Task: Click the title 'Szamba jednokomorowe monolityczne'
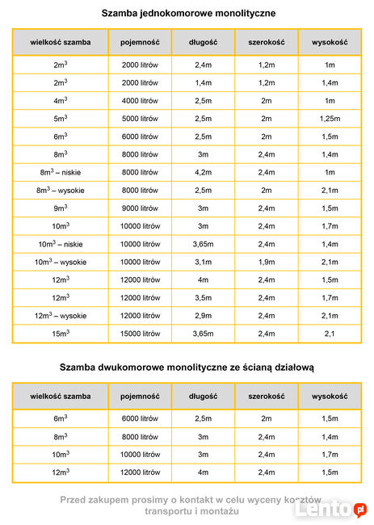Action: click(188, 14)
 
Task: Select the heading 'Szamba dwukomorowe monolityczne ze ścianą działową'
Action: click(187, 367)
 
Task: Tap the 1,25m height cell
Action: click(330, 119)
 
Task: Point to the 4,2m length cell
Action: click(204, 172)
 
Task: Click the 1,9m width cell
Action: click(267, 262)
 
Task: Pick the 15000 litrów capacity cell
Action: click(140, 334)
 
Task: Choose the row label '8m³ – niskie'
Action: click(61, 172)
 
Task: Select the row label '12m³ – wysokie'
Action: click(61, 316)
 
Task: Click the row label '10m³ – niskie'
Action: click(61, 244)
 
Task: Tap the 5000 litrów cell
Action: click(140, 119)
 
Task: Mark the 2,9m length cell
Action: click(204, 316)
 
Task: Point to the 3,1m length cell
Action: click(204, 262)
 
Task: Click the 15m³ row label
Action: click(61, 334)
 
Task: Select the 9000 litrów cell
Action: click(140, 208)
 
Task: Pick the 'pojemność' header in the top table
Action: click(140, 43)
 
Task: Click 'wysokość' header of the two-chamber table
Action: click(330, 397)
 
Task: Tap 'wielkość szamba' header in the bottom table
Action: click(61, 397)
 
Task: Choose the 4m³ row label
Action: click(61, 100)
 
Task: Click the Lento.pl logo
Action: click(330, 510)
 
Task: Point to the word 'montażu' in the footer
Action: click(220, 511)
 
